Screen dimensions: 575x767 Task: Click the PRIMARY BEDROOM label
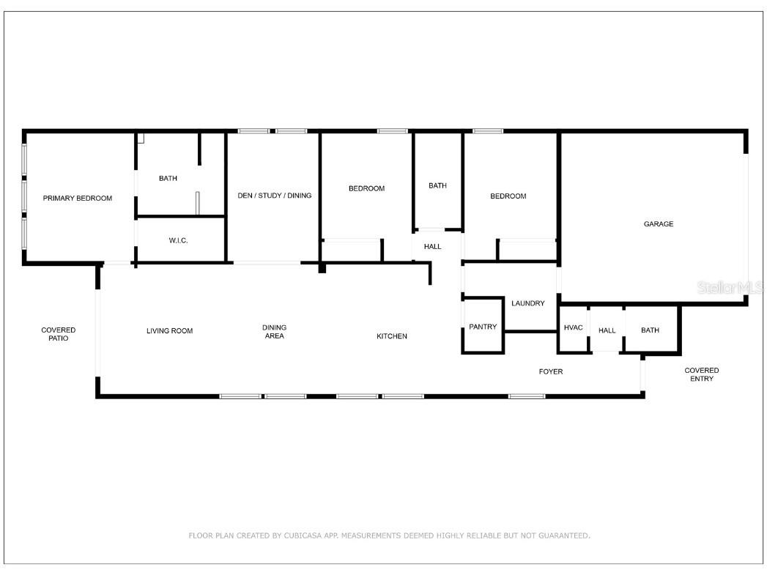pyautogui.click(x=77, y=199)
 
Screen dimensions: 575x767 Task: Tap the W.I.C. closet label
pyautogui.click(x=179, y=240)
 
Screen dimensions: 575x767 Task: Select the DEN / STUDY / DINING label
pyautogui.click(x=275, y=196)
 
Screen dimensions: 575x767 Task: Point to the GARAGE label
pyautogui.click(x=658, y=224)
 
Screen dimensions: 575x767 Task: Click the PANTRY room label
pyautogui.click(x=483, y=327)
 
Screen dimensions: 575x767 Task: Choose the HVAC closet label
pyautogui.click(x=573, y=327)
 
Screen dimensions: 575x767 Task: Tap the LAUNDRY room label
pyautogui.click(x=527, y=303)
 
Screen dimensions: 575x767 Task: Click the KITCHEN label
pyautogui.click(x=391, y=336)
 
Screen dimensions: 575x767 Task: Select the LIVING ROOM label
pyautogui.click(x=169, y=331)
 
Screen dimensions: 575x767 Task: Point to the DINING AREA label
pyautogui.click(x=274, y=332)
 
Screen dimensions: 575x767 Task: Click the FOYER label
pyautogui.click(x=551, y=372)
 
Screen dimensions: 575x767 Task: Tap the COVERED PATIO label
pyautogui.click(x=58, y=334)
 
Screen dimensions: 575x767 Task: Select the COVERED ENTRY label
pyautogui.click(x=701, y=374)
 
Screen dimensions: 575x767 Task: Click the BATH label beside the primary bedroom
pyautogui.click(x=168, y=179)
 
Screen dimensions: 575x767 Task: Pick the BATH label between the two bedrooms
pyautogui.click(x=437, y=186)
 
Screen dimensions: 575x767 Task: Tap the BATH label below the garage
pyautogui.click(x=650, y=330)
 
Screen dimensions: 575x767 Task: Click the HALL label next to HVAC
pyautogui.click(x=607, y=331)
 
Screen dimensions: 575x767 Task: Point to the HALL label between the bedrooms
pyautogui.click(x=432, y=247)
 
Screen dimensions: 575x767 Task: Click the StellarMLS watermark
pyautogui.click(x=730, y=288)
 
